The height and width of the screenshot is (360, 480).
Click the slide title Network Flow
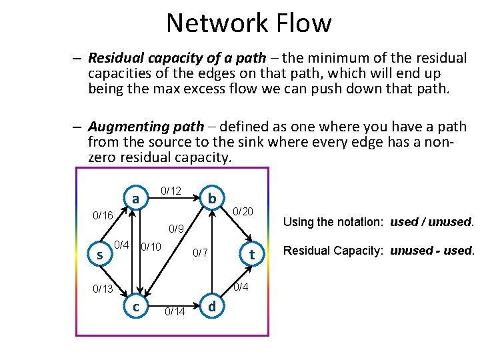[x=249, y=23]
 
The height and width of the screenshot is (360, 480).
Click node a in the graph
[x=135, y=199]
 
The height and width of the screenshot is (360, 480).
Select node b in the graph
[x=211, y=199]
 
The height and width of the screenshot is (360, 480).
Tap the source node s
[x=99, y=255]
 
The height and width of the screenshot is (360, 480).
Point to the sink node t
[x=251, y=255]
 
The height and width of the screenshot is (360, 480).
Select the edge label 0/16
[x=103, y=216]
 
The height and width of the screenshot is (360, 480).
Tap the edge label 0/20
[x=243, y=211]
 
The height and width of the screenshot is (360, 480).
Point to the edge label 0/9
[x=176, y=229]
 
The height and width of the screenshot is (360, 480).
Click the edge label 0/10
[x=151, y=247]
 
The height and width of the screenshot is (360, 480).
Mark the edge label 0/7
[x=201, y=253]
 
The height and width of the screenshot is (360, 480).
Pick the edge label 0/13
[x=103, y=289]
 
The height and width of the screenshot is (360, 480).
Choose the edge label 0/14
[x=175, y=311]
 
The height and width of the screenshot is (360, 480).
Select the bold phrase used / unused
[x=432, y=222]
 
